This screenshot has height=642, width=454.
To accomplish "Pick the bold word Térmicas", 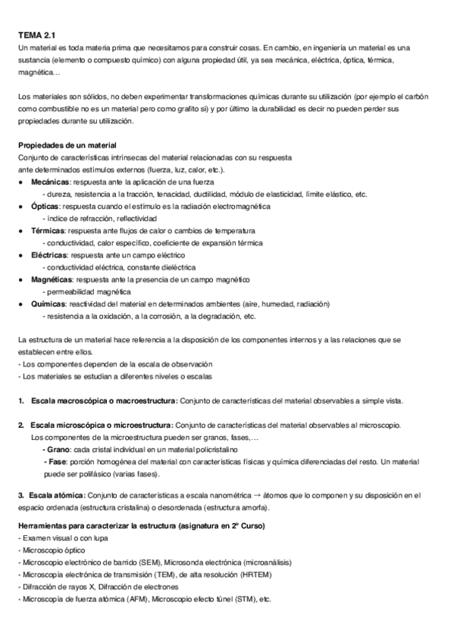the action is pyautogui.click(x=49, y=231).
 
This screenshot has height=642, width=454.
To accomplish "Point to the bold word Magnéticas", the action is pyautogui.click(x=52, y=279).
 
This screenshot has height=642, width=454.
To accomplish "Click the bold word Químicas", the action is pyautogui.click(x=48, y=304).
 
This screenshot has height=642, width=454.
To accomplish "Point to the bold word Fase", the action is pyautogui.click(x=55, y=461).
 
